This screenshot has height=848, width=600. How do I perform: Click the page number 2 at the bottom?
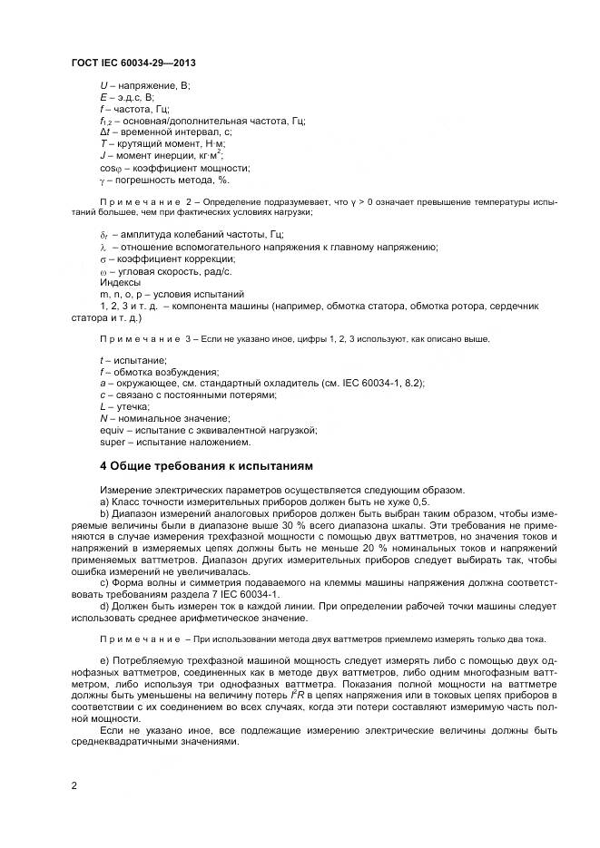74,785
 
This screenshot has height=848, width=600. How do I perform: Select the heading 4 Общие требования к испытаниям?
205,466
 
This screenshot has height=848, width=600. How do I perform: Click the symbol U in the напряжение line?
103,85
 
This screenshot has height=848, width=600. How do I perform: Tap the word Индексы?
120,282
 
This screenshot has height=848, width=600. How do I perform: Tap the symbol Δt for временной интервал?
104,132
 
